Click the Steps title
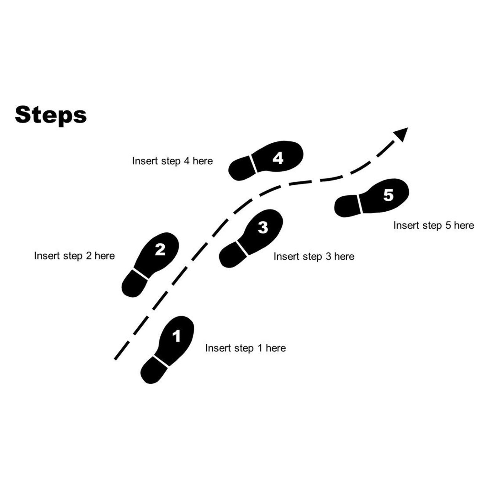(x=51, y=115)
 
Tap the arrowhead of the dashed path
(x=401, y=134)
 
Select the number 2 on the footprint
(x=160, y=250)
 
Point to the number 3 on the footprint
(x=263, y=227)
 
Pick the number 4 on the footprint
(x=278, y=158)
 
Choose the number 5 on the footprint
(x=388, y=195)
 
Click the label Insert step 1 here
(x=246, y=348)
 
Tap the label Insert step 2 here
(x=74, y=256)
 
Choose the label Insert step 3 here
(x=314, y=257)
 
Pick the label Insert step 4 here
(x=172, y=161)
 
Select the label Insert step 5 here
(x=434, y=225)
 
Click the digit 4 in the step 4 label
(x=187, y=161)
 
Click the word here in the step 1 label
(x=276, y=348)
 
